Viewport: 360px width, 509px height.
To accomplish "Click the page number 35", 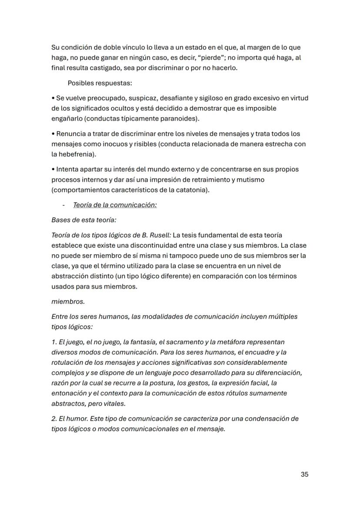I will click(x=304, y=474).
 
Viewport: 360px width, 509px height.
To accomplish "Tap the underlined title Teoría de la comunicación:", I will click(x=115, y=205).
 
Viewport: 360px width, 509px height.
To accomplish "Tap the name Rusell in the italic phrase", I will click(x=160, y=235).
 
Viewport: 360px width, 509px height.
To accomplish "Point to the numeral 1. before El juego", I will click(x=54, y=342).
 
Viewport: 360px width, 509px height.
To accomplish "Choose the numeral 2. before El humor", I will click(x=54, y=419).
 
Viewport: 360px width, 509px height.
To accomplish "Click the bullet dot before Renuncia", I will click(x=53, y=134).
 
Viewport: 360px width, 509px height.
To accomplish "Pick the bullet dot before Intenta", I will click(x=53, y=170).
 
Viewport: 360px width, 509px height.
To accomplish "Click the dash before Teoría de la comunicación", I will click(x=64, y=205).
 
